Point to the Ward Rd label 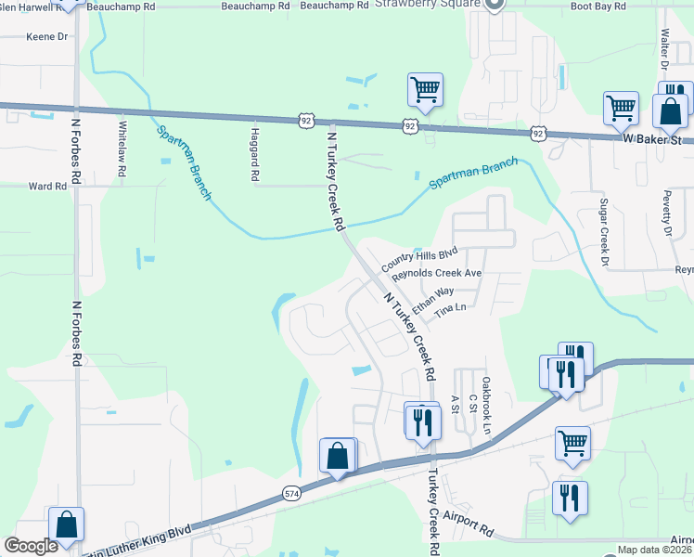point(47,186)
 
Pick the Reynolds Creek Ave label point(436,275)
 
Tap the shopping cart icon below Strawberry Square point(425,91)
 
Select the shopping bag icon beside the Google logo point(67,525)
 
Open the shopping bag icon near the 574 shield point(338,457)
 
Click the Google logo point(31,546)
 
